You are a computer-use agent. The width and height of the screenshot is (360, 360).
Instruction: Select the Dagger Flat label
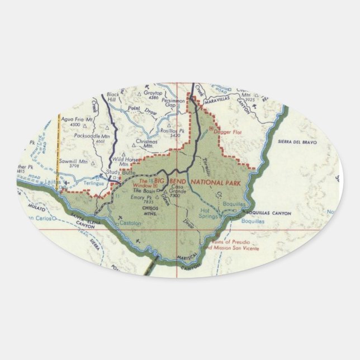[x=223, y=131]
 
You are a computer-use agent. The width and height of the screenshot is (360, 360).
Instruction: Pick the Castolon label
[x=129, y=223]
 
